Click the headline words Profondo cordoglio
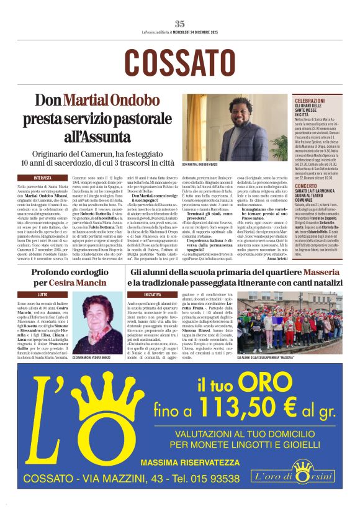(68, 272)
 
